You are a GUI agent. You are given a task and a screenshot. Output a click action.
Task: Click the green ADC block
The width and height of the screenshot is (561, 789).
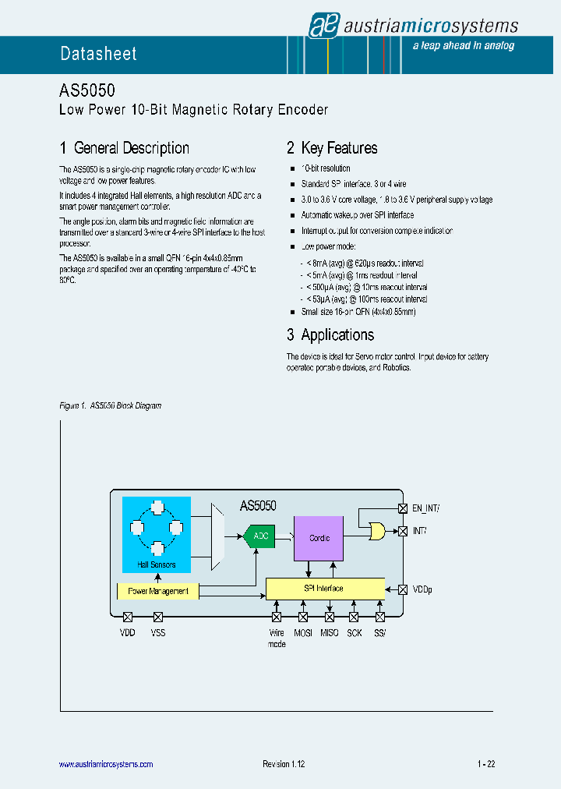[259, 536]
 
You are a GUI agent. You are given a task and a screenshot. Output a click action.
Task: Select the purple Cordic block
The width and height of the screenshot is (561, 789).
[318, 538]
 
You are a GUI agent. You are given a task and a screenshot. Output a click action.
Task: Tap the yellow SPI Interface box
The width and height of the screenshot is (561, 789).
[325, 589]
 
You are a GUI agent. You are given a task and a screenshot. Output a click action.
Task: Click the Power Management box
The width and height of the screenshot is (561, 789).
[157, 591]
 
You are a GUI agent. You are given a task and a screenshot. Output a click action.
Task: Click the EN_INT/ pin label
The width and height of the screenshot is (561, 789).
[425, 508]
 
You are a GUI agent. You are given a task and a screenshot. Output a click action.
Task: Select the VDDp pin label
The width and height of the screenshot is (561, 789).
[422, 589]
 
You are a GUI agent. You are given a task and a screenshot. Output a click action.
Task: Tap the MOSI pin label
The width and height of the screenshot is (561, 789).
[303, 633]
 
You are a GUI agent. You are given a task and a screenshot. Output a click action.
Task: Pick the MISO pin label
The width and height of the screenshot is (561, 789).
[329, 633]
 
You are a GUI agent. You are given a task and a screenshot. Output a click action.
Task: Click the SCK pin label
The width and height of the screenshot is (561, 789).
[355, 633]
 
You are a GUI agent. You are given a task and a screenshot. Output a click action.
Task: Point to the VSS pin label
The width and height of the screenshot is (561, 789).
[157, 633]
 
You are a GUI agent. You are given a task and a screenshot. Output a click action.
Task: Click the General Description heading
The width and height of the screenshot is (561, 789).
[125, 148]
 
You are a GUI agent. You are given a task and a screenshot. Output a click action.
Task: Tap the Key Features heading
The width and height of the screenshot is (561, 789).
[332, 148]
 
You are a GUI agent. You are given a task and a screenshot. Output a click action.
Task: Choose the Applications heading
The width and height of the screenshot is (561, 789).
[330, 335]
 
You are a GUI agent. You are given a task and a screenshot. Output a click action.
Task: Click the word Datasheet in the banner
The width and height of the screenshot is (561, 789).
[99, 54]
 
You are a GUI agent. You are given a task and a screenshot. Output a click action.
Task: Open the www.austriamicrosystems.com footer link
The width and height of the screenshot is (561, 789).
[106, 765]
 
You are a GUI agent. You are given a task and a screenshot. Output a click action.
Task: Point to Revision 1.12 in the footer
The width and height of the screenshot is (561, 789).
[284, 765]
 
